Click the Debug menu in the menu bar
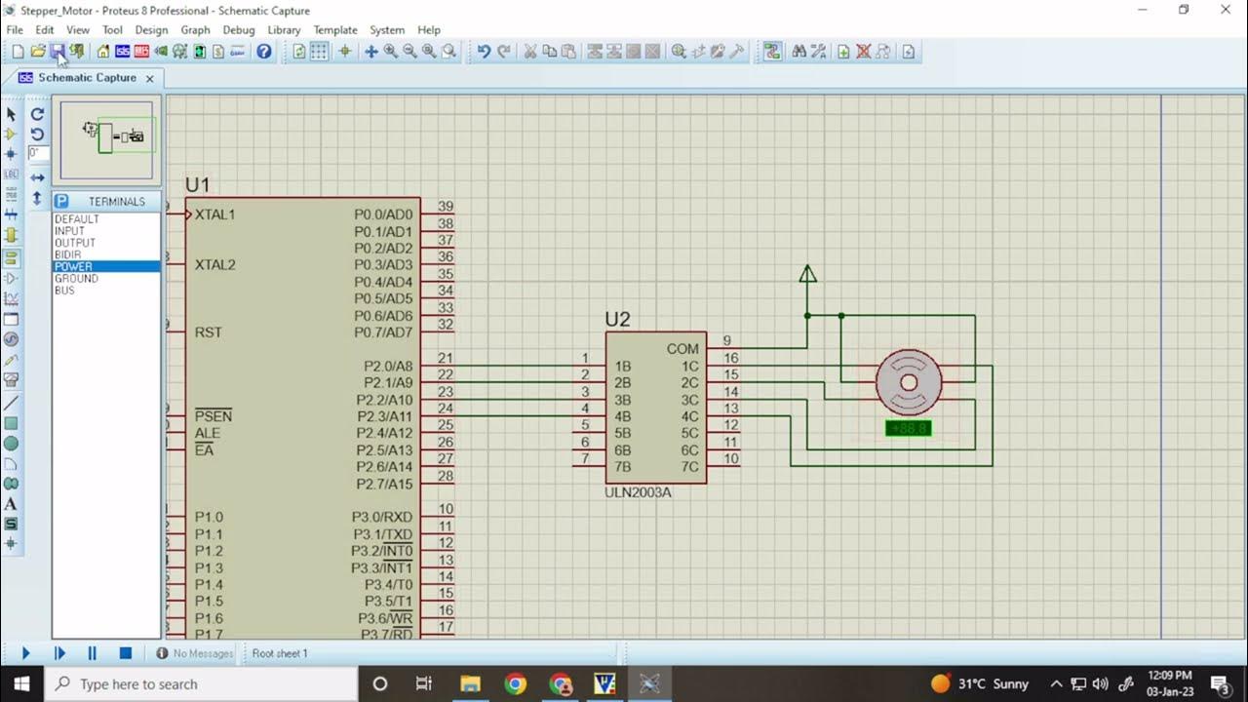tap(238, 30)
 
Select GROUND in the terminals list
tap(76, 279)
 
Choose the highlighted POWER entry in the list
tap(74, 266)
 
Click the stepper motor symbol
tap(909, 382)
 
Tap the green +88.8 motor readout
tap(908, 428)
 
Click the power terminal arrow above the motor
tap(807, 274)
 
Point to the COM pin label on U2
tap(682, 349)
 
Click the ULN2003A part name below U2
tap(638, 492)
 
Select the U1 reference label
tap(198, 185)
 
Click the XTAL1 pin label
tap(214, 214)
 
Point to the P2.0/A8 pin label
tap(388, 367)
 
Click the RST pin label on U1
tap(209, 332)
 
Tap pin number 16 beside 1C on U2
tap(730, 358)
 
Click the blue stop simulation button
tap(125, 653)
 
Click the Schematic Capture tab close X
tap(149, 78)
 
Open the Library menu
tap(284, 30)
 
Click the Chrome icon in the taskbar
tap(515, 683)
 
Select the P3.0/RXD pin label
tap(382, 517)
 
